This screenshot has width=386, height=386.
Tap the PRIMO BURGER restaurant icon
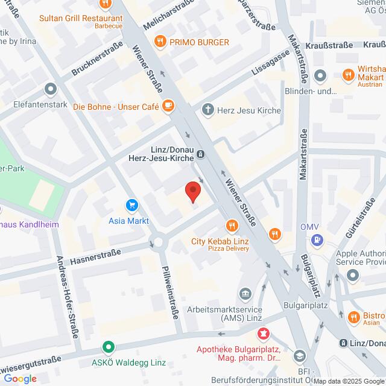[x=160, y=42]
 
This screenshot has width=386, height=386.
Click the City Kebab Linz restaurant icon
[x=230, y=227]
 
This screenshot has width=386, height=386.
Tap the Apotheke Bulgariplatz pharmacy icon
[x=263, y=334]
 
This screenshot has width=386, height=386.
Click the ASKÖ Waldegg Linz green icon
[x=108, y=347]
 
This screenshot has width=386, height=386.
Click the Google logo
[x=20, y=378]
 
